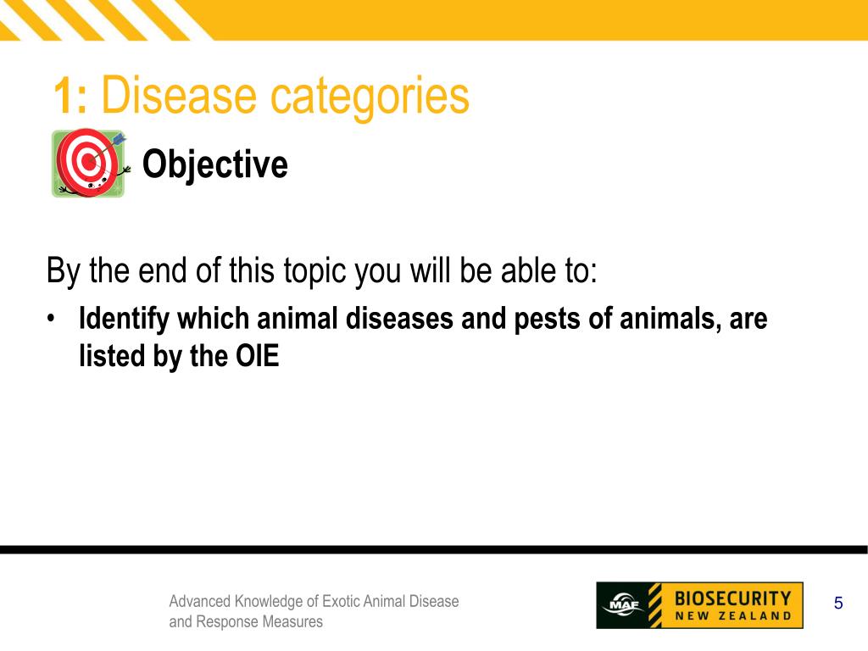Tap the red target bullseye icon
point(87,163)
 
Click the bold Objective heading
point(214,164)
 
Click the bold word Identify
point(123,320)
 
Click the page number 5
point(837,604)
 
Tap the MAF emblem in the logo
point(620,605)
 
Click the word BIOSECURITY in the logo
point(732,597)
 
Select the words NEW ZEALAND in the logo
point(732,616)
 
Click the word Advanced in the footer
point(199,601)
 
